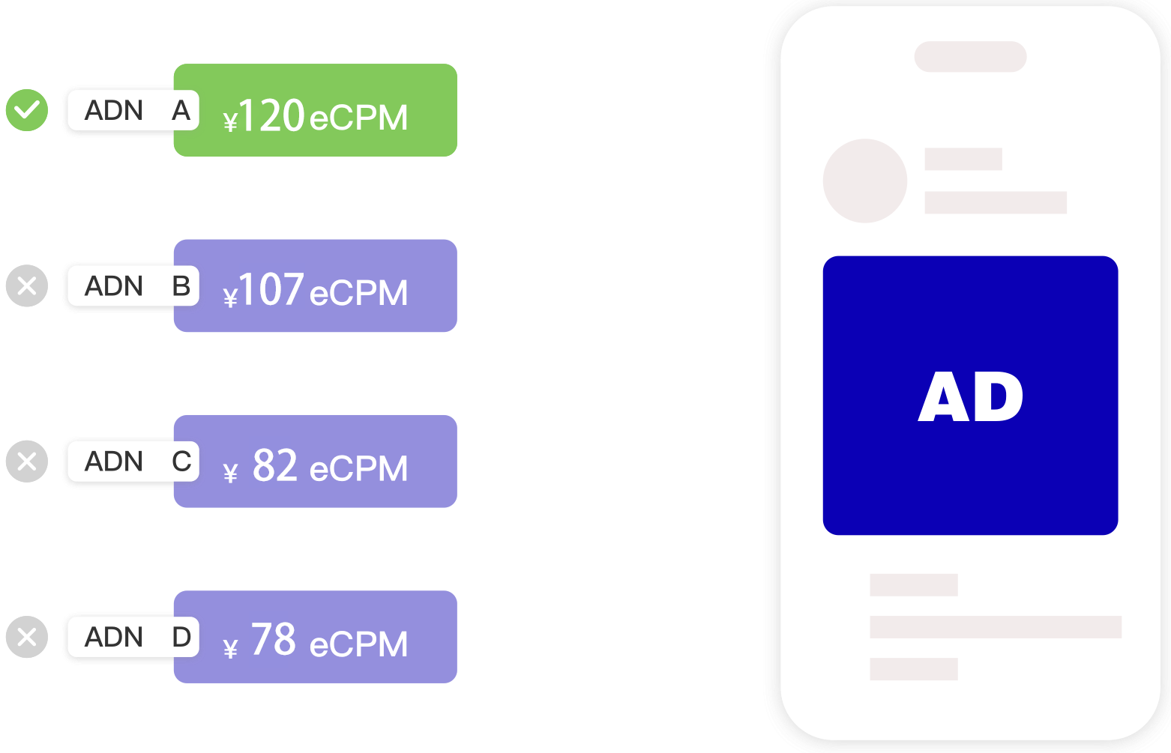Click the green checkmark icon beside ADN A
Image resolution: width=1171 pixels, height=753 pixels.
27,110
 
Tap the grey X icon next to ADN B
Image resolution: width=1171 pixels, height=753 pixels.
27,286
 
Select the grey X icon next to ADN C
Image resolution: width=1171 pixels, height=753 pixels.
27,462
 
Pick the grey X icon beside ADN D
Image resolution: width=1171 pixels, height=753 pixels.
27,637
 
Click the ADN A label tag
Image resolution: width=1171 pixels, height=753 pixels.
131,111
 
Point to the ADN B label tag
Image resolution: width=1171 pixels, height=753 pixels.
131,286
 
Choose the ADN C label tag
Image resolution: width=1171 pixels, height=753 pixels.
131,462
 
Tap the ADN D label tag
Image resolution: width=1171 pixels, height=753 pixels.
131,637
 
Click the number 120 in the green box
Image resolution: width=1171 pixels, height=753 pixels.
271,117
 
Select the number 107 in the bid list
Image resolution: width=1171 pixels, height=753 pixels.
271,291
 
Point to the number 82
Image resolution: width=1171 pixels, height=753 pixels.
275,466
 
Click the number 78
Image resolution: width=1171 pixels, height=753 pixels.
274,641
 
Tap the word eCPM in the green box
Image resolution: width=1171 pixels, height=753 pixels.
358,118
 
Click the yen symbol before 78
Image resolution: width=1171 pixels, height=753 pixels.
231,648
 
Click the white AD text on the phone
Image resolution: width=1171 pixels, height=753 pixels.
971,397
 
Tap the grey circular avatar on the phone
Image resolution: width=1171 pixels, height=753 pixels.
865,181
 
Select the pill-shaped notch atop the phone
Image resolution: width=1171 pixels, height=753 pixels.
970,57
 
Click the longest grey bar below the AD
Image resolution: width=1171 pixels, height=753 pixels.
995,627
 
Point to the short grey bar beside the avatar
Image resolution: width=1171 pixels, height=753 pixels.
963,160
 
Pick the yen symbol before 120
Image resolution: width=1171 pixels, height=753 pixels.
231,121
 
